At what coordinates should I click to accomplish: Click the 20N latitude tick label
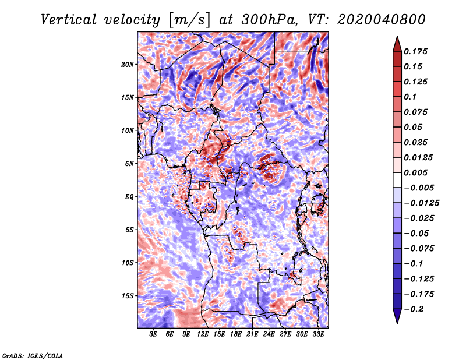128,64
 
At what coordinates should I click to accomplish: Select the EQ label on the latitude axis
129,197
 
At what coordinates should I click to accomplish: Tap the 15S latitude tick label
128,296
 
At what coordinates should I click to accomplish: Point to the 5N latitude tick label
129,164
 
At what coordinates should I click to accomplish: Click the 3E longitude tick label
153,334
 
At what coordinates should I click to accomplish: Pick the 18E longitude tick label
236,334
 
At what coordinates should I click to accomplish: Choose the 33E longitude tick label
318,334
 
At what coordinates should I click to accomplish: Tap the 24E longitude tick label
269,334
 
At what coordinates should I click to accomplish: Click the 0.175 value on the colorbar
415,51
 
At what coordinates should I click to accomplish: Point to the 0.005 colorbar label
415,172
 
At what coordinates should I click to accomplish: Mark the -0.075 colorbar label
419,249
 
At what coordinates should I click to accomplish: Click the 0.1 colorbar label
410,97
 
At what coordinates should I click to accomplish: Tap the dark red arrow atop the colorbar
397,44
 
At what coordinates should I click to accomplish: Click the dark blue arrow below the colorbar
397,316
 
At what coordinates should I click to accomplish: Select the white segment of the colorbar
397,180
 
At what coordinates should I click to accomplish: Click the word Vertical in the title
69,20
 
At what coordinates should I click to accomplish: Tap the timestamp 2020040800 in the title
382,20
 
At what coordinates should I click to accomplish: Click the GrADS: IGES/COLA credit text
33,355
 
